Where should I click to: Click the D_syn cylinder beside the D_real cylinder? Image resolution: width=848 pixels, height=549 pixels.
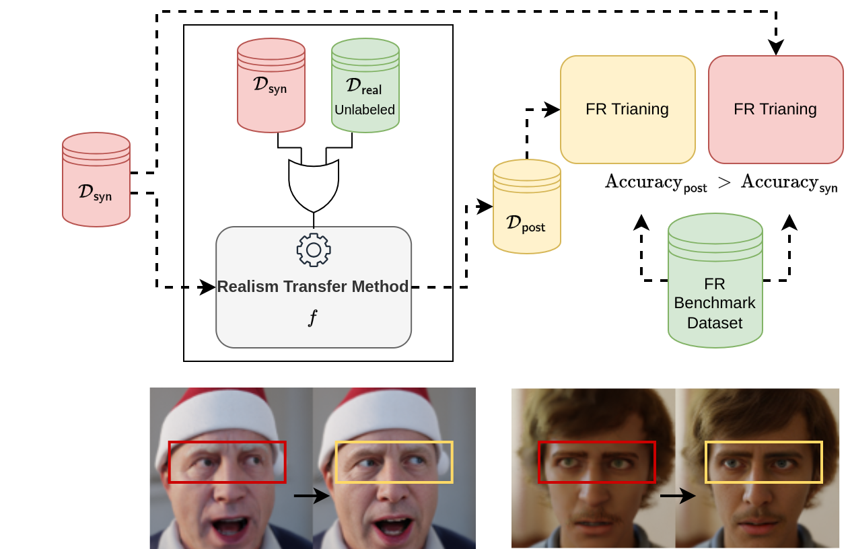click(271, 85)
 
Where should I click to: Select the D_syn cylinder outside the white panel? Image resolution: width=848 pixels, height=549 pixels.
click(96, 180)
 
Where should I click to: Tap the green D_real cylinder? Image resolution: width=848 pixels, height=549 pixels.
click(365, 86)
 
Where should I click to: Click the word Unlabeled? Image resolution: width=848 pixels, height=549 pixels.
click(365, 110)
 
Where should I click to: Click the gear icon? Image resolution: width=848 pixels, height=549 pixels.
click(314, 250)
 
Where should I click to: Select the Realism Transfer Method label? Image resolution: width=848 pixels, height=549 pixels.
click(313, 287)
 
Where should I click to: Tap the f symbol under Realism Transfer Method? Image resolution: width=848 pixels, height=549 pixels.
click(313, 317)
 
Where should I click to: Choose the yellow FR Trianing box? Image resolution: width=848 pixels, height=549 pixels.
click(627, 109)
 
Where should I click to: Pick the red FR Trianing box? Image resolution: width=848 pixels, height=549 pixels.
click(775, 109)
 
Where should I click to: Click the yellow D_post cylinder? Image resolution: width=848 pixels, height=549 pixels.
click(526, 207)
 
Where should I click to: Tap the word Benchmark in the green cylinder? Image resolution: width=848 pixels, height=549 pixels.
click(715, 303)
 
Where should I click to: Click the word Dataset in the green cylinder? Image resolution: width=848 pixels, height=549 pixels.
click(715, 323)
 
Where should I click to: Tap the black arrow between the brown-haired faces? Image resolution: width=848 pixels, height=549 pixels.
click(678, 496)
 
